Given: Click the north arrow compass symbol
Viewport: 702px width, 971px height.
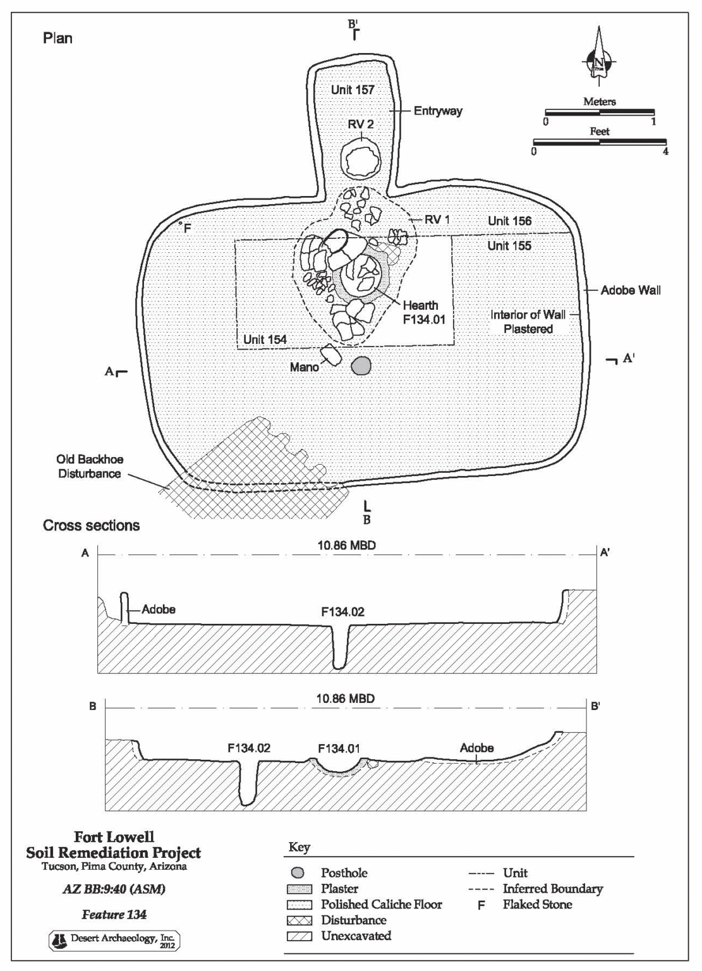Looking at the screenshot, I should [x=598, y=62].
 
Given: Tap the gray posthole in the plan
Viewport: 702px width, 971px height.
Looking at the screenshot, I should [x=361, y=366].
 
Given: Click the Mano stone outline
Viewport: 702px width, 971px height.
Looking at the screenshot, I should [x=330, y=357].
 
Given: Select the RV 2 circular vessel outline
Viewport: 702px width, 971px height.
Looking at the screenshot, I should [x=361, y=159].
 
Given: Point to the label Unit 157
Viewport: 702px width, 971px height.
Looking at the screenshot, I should [x=353, y=90].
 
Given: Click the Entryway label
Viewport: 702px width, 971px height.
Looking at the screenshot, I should [x=438, y=111].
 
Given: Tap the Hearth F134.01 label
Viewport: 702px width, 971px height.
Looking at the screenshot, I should [x=424, y=312].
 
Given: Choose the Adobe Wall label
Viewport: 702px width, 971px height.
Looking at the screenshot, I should [x=631, y=290].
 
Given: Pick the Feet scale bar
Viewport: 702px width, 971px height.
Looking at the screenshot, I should [x=600, y=142].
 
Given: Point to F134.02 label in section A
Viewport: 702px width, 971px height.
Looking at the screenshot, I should [x=342, y=612].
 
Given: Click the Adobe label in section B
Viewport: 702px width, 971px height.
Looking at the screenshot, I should [x=476, y=748].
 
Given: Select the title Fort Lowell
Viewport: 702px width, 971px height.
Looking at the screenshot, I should [x=114, y=838].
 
